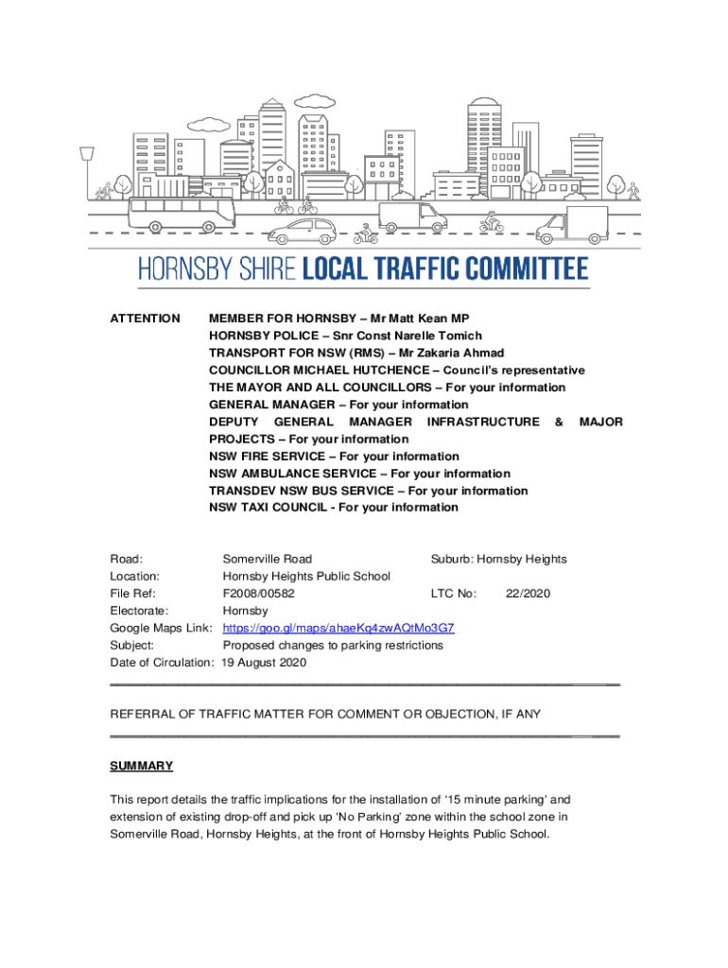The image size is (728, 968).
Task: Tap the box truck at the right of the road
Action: (x=572, y=225)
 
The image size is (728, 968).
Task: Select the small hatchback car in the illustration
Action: (x=302, y=230)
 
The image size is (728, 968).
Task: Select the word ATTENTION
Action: (x=145, y=319)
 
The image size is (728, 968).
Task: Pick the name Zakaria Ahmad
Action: (x=458, y=353)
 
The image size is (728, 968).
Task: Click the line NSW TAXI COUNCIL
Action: (x=270, y=508)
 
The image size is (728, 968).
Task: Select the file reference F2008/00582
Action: (x=258, y=594)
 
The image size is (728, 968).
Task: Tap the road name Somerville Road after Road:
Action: (x=267, y=559)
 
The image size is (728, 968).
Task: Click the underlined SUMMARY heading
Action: (x=141, y=766)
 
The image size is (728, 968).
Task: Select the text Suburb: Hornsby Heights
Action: (x=498, y=559)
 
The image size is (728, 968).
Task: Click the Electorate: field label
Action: (x=139, y=611)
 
